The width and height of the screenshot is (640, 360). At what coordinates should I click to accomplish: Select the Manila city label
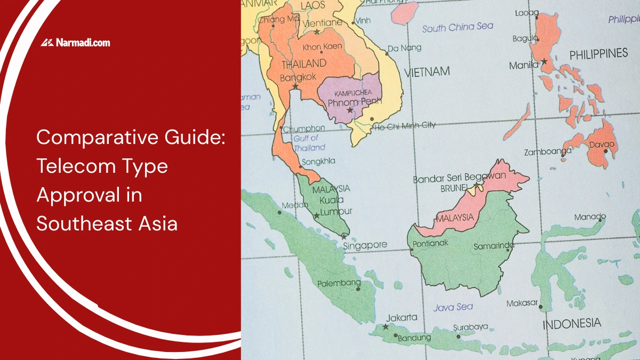(523, 66)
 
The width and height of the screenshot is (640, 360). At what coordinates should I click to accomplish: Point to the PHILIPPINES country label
(598, 54)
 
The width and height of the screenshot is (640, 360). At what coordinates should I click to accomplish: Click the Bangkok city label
(298, 77)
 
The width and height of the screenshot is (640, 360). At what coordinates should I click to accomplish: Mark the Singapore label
(365, 245)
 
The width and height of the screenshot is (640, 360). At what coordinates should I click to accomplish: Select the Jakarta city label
(401, 318)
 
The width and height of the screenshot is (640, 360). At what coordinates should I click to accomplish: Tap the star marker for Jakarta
(386, 326)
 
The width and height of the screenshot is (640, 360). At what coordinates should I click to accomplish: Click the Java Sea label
(453, 307)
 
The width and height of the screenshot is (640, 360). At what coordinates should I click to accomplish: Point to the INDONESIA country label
(571, 323)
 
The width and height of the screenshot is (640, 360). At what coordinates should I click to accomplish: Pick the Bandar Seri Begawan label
(459, 178)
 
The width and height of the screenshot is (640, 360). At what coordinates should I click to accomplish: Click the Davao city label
(601, 145)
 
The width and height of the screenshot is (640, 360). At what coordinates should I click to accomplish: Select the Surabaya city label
(470, 326)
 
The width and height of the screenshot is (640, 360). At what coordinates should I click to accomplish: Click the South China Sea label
(458, 27)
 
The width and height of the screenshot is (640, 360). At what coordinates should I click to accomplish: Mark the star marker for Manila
(544, 62)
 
